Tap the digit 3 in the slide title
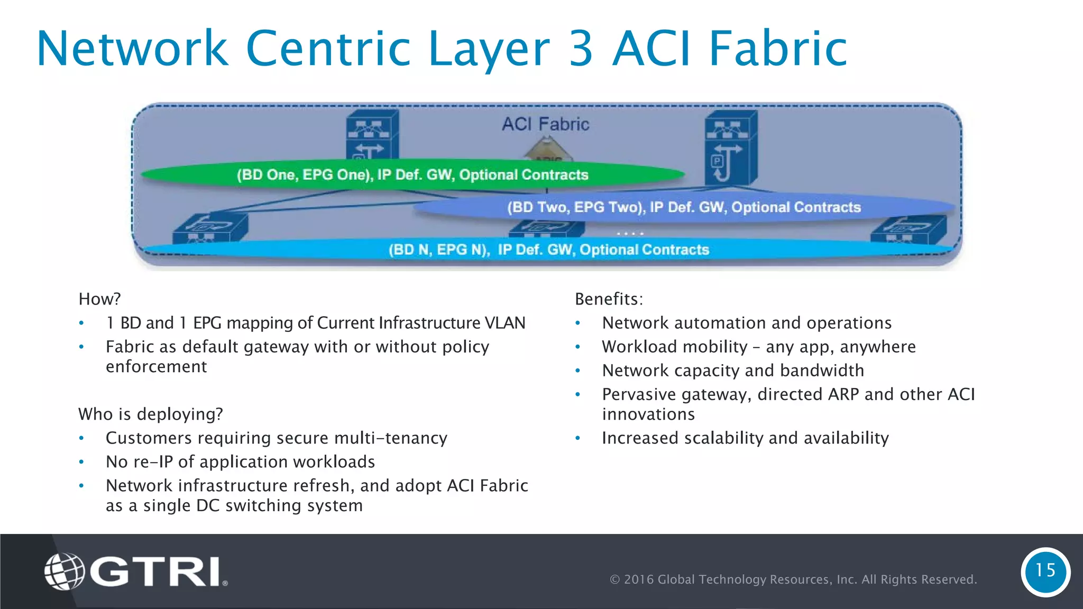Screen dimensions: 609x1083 click(x=581, y=49)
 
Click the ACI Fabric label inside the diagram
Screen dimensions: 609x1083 click(x=545, y=124)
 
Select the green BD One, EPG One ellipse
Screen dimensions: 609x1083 click(x=412, y=175)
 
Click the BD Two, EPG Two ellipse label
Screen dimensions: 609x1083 click(x=684, y=207)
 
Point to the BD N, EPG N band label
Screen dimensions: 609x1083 click(x=548, y=250)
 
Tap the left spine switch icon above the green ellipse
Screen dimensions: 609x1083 click(x=372, y=134)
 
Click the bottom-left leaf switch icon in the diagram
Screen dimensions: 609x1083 click(x=210, y=227)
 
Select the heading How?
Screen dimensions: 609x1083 click(x=99, y=299)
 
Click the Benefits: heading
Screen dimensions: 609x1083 click(x=609, y=299)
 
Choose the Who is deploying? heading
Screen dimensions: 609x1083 click(x=150, y=414)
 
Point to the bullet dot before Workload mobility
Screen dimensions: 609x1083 click(x=578, y=347)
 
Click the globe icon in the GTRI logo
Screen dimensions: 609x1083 click(x=64, y=571)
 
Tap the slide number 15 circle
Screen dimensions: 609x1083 click(x=1045, y=571)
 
